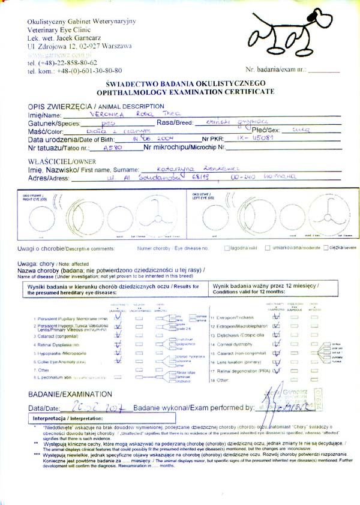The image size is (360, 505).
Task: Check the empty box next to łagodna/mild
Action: point(227,247)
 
